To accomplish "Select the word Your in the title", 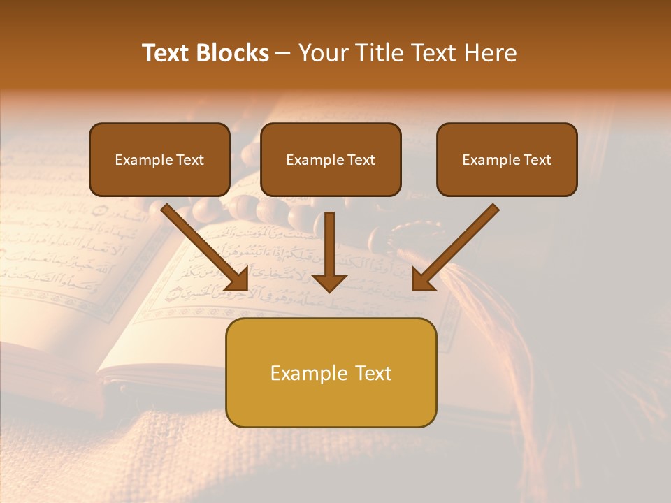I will click(x=321, y=53).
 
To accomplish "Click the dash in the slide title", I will click(x=283, y=54).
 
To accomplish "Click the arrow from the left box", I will click(x=203, y=245).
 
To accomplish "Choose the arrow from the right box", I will click(x=458, y=245).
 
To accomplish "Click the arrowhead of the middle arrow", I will click(x=329, y=282).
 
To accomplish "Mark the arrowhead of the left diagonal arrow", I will click(x=237, y=279).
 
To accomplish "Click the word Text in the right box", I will click(x=537, y=160).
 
